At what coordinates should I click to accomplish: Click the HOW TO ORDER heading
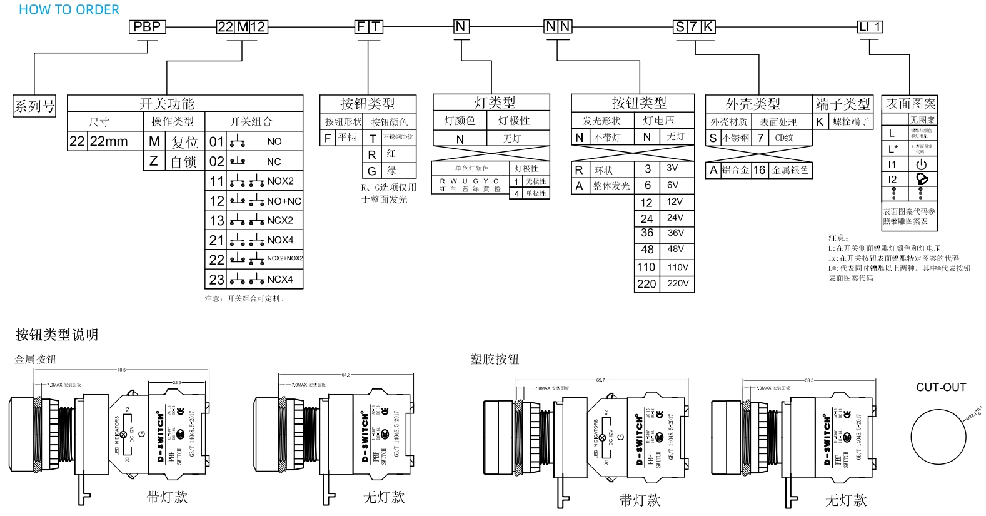tap(69, 9)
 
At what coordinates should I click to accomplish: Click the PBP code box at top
tap(148, 27)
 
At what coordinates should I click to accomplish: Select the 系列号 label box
tap(34, 106)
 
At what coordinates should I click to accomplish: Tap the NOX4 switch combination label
tap(280, 240)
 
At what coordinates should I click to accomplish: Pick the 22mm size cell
tap(109, 141)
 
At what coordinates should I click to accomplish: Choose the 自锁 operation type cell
tap(184, 162)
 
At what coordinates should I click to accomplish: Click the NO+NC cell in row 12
tap(284, 201)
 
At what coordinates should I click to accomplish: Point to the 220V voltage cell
tap(678, 284)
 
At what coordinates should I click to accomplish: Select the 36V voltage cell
tap(676, 233)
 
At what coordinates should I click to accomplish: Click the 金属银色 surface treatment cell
tap(790, 170)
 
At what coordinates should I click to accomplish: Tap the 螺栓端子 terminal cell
tap(851, 122)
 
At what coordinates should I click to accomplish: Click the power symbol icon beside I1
tap(922, 164)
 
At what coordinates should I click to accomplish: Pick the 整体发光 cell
tap(611, 186)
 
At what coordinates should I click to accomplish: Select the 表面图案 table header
tap(910, 104)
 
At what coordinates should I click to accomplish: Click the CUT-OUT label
tap(941, 387)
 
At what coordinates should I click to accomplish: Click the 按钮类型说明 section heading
tap(57, 335)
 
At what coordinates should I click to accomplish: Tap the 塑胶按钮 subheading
tap(495, 359)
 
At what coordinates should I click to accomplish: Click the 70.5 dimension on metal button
tap(121, 370)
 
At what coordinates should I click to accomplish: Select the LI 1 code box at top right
tap(870, 27)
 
